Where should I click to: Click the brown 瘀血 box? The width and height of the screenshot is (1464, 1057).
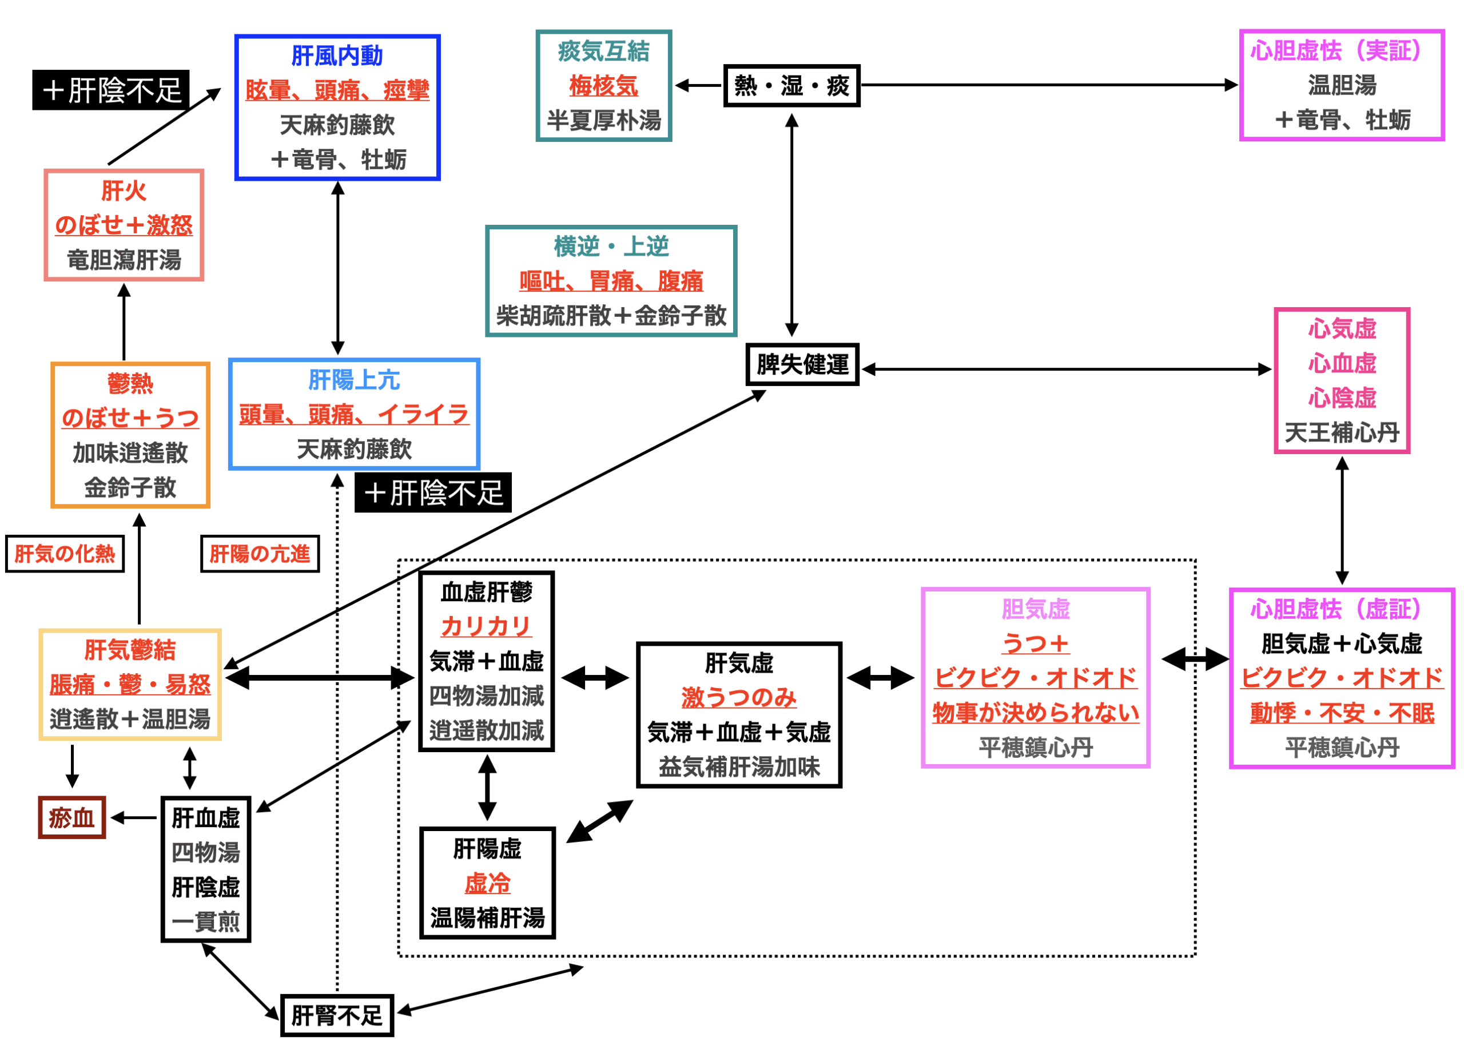71,817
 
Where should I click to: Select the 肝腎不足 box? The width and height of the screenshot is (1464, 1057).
337,1015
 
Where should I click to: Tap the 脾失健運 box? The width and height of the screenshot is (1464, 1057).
802,365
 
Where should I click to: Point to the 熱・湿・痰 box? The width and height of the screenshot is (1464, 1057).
791,85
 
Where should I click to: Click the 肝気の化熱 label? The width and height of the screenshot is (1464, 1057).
65,553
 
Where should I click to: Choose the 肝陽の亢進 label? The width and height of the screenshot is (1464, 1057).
260,553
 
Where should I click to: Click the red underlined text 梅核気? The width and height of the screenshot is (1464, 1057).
603,85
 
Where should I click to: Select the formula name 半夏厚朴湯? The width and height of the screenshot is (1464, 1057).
603,120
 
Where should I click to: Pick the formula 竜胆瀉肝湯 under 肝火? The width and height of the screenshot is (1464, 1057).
124,260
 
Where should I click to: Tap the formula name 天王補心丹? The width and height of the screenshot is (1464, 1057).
1342,432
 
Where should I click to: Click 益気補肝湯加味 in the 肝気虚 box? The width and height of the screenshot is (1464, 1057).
739,766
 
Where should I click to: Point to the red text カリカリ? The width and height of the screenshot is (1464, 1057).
486,626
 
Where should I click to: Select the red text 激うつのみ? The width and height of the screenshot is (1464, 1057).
739,697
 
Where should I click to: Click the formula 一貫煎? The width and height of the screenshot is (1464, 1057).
206,921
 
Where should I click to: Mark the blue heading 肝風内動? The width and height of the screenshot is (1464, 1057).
337,55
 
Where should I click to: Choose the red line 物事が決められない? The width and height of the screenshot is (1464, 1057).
1036,712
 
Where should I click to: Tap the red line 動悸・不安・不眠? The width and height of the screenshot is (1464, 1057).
1342,712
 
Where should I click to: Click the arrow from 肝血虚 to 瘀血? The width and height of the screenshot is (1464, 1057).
134,817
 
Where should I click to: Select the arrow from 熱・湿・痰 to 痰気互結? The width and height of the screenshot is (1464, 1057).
698,85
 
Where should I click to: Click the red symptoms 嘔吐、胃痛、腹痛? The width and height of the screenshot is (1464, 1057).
611,281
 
